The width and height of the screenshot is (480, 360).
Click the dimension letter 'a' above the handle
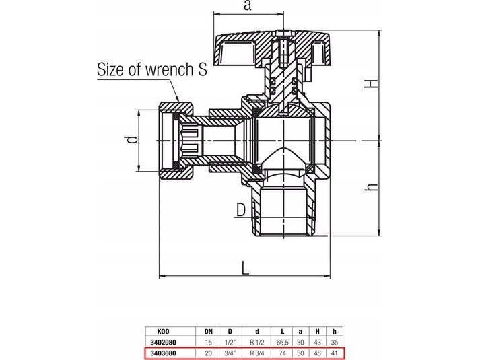point(248,6)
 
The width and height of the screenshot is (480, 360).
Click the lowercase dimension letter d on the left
point(132,140)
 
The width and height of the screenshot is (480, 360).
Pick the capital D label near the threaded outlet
point(241,210)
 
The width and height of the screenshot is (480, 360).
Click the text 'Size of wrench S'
point(152,69)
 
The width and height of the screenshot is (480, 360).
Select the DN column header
point(208,332)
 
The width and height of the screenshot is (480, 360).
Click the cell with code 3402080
point(163,343)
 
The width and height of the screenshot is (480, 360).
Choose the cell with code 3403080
point(163,353)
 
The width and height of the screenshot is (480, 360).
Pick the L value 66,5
point(283,343)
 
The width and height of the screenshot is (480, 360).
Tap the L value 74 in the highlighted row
point(283,353)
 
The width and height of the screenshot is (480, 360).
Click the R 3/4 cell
point(257,353)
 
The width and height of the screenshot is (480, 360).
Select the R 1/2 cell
point(257,343)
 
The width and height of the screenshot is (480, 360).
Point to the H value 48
point(318,353)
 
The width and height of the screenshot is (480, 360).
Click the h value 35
point(335,343)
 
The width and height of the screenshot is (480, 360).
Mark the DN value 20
point(208,353)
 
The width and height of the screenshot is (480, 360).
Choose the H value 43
point(318,343)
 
